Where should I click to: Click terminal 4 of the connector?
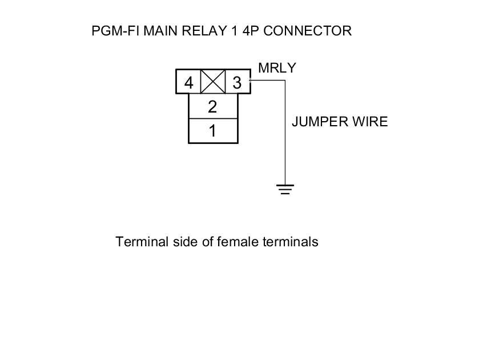click(188, 83)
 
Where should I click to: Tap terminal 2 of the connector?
click(213, 107)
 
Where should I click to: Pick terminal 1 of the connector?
click(213, 131)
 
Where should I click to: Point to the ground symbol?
click(285, 189)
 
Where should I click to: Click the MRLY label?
click(277, 68)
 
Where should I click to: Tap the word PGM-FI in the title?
click(115, 31)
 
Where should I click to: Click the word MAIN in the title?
click(159, 31)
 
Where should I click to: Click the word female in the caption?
click(238, 242)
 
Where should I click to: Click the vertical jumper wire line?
click(285, 137)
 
